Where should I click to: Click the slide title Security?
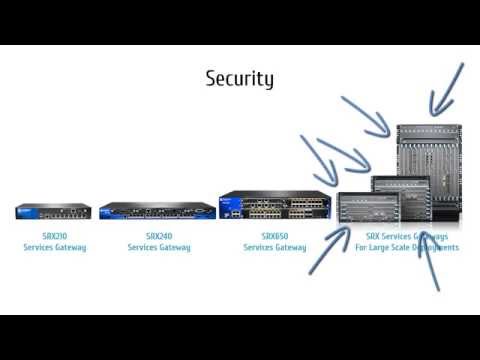(x=239, y=78)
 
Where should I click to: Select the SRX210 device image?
(x=54, y=211)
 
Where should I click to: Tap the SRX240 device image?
(x=158, y=210)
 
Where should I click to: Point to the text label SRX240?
(x=158, y=236)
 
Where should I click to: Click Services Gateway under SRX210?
(x=54, y=247)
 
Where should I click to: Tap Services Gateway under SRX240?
(x=158, y=247)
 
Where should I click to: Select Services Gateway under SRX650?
(x=275, y=247)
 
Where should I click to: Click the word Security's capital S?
(x=212, y=78)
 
